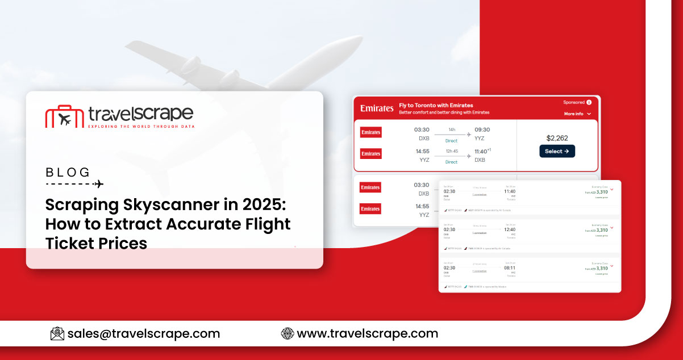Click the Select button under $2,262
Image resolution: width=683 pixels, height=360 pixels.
[557, 151]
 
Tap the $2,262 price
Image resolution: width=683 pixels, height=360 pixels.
[557, 138]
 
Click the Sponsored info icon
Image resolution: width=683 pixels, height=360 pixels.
[589, 102]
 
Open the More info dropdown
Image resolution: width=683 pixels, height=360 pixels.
[577, 114]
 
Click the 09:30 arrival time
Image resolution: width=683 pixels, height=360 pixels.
[482, 129]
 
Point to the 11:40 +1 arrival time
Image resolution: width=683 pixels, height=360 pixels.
[482, 152]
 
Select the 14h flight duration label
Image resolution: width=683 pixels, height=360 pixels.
[451, 129]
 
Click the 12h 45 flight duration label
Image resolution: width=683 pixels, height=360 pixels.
[451, 151]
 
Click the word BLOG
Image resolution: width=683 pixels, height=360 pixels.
[68, 171]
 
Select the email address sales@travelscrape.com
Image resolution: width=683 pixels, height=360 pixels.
[143, 333]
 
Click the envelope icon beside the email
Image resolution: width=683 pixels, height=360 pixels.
[57, 333]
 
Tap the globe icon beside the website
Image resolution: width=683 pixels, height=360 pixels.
[288, 333]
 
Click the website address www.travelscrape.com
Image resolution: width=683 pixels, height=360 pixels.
[368, 333]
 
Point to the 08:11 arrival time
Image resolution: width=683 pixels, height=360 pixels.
[509, 268]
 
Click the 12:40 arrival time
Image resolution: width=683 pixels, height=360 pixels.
[509, 229]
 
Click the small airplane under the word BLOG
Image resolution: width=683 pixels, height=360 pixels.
[99, 184]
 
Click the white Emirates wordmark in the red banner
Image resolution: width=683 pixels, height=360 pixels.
[376, 108]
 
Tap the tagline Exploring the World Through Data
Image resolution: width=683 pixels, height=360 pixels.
[141, 126]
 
